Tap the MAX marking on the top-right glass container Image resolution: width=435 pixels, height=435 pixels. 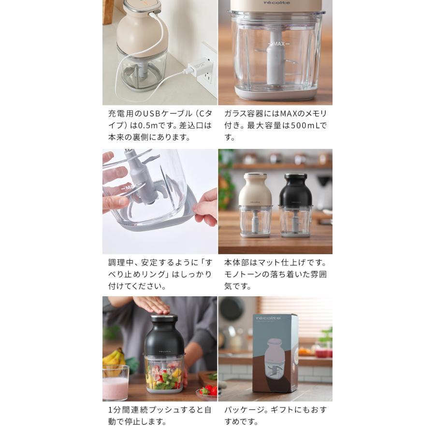(279, 44)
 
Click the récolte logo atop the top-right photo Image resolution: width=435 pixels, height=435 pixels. (276, 2)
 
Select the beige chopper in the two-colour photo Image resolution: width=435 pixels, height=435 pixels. (256, 205)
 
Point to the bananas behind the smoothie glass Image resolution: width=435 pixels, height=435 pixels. (114, 359)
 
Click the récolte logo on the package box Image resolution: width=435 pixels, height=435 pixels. (268, 318)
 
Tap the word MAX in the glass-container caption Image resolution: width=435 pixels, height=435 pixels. (289, 114)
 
